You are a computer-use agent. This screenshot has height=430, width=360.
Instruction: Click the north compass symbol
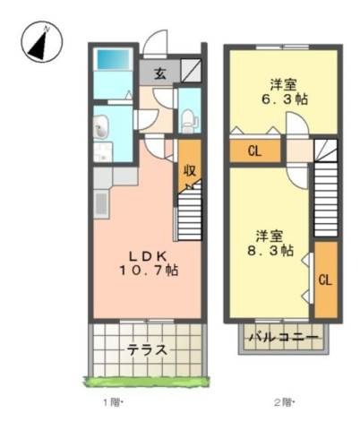coord(41,42)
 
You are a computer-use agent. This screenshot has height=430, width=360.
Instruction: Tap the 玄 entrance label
coord(160,73)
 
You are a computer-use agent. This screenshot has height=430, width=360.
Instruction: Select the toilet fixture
coord(189,120)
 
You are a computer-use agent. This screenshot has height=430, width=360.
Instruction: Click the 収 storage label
coord(190,170)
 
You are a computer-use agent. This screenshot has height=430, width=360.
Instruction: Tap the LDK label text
coord(148,255)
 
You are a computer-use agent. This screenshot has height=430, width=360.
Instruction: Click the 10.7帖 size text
coord(149,271)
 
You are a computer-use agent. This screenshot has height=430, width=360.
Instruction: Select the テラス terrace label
coord(147,349)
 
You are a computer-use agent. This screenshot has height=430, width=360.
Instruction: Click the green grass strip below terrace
coord(147,382)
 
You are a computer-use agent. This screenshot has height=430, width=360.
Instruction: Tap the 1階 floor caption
coord(114,403)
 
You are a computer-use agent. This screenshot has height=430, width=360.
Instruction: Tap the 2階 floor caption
coord(285,403)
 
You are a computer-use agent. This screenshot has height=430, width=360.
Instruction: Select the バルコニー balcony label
coord(284,338)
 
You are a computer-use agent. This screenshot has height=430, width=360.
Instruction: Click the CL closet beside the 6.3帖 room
coord(255,151)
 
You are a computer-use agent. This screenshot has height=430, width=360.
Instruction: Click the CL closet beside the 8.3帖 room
coord(326,279)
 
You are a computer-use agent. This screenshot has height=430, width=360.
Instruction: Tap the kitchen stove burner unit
coord(101,204)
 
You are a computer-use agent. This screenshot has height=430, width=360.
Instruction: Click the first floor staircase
coord(190,211)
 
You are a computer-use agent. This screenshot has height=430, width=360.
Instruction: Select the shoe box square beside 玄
coord(191,70)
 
